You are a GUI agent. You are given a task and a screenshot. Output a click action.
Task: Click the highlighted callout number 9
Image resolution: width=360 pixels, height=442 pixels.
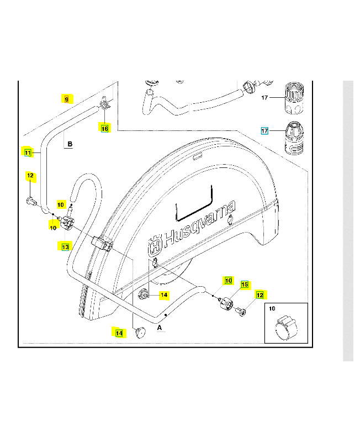(x=66, y=99)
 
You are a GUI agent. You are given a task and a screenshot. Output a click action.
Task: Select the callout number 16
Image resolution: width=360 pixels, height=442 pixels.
(x=105, y=128)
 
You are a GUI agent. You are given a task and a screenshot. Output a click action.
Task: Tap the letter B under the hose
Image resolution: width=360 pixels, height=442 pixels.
(x=70, y=145)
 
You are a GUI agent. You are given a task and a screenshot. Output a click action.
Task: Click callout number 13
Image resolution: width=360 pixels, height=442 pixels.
(x=65, y=247)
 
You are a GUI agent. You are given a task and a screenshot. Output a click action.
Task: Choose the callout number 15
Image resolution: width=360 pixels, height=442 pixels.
(x=245, y=285)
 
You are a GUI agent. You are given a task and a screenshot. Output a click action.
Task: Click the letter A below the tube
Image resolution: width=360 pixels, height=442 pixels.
(x=160, y=327)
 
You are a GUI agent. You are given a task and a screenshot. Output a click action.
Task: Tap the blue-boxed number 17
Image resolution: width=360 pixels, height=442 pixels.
(x=264, y=131)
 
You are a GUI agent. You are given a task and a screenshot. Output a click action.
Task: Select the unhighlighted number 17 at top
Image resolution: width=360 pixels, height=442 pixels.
(x=264, y=98)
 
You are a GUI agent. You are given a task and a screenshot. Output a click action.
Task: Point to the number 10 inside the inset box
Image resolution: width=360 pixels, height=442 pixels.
(x=272, y=309)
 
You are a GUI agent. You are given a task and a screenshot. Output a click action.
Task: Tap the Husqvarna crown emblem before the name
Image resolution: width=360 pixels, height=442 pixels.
(x=155, y=244)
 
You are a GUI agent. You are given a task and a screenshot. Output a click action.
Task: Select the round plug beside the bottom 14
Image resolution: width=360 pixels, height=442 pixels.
(x=139, y=332)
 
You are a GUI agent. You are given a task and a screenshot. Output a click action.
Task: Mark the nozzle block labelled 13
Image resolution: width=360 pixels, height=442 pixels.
(x=67, y=223)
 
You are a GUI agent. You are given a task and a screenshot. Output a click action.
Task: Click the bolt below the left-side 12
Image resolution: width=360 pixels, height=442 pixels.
(x=31, y=201)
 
